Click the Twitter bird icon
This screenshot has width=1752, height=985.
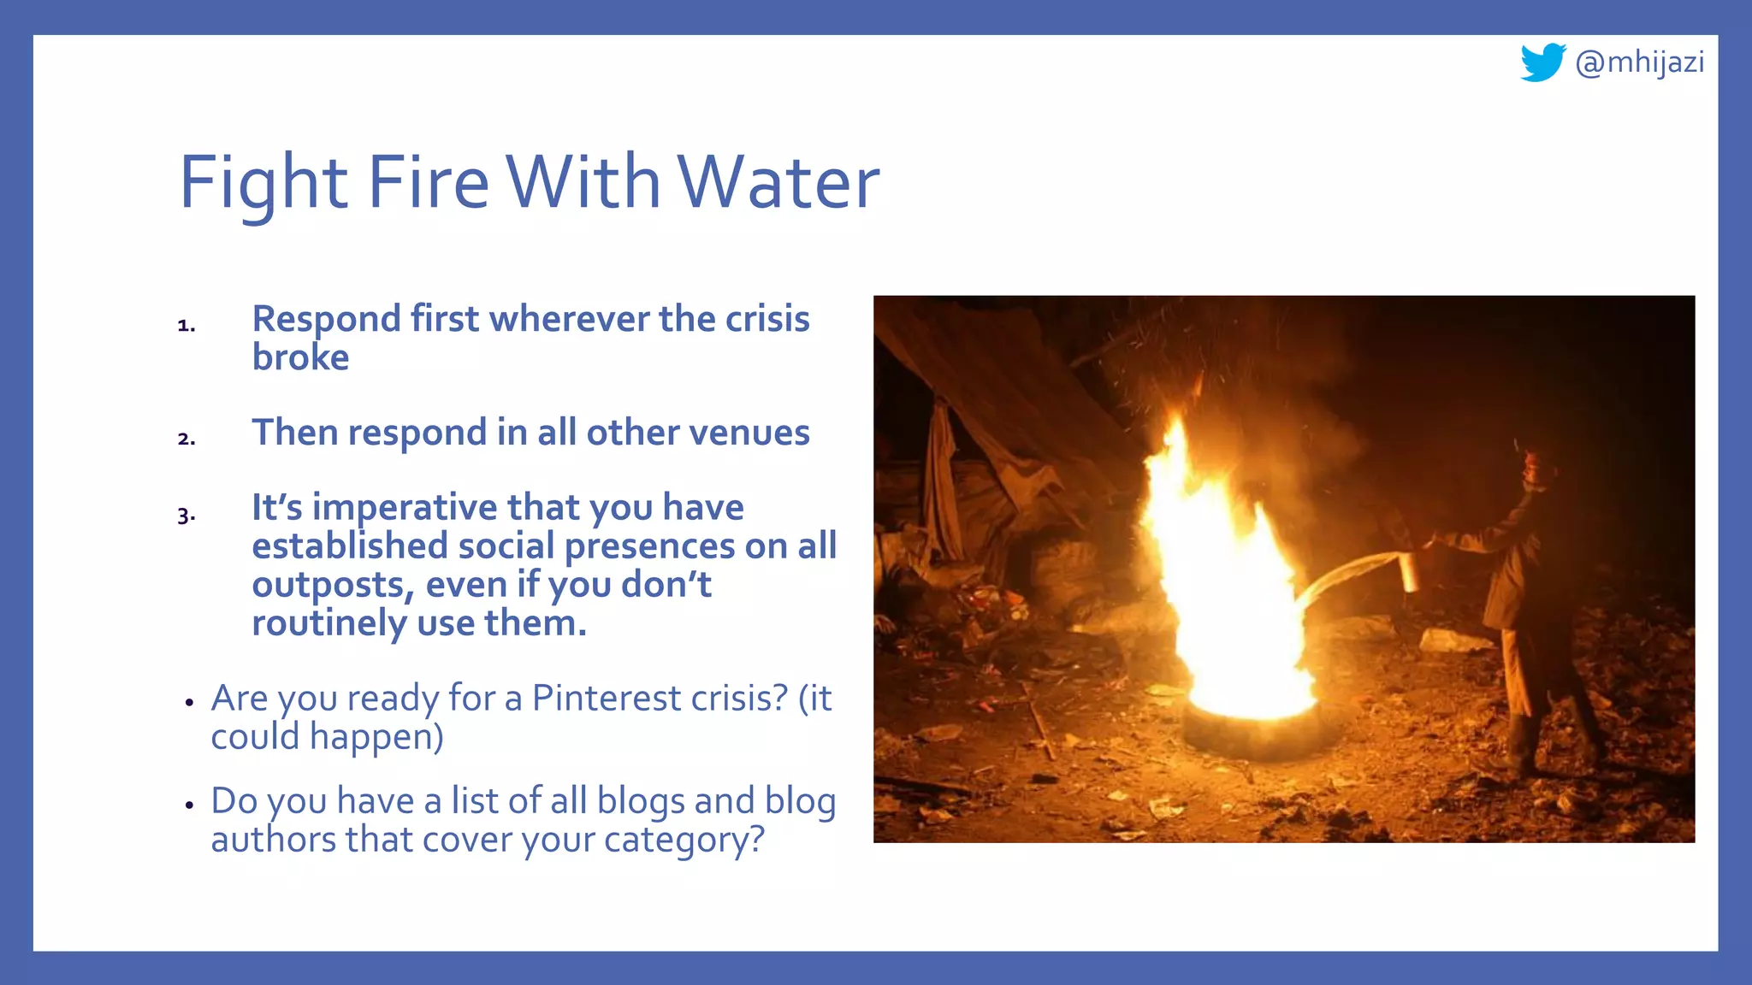point(1542,62)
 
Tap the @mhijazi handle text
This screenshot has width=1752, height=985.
point(1639,62)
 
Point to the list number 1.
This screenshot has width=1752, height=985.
point(186,326)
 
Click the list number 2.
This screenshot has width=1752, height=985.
point(186,439)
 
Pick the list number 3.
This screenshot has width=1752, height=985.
point(186,516)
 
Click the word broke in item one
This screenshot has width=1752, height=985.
point(300,357)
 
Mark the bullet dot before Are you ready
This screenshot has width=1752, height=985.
point(190,703)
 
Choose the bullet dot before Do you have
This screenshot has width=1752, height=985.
point(190,805)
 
